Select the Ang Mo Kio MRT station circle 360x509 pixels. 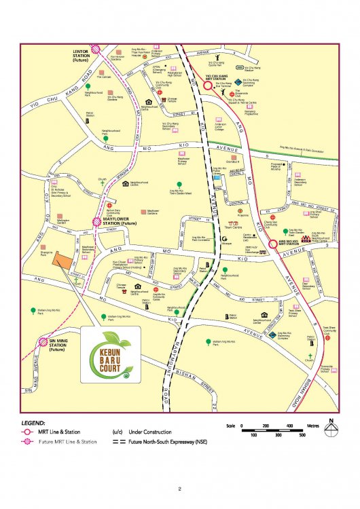(x=271, y=245)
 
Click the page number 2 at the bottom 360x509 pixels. (x=180, y=488)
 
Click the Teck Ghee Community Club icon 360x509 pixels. (x=327, y=337)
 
